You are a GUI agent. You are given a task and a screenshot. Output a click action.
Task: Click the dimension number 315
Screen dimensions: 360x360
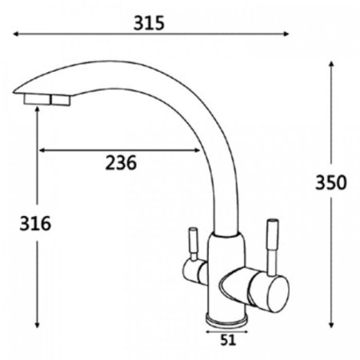click(149, 23)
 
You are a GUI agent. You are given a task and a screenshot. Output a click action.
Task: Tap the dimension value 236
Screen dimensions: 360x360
click(121, 162)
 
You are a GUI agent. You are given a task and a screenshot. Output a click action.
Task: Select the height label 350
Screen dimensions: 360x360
click(331, 182)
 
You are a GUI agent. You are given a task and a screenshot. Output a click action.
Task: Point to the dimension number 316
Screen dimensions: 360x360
click(35, 223)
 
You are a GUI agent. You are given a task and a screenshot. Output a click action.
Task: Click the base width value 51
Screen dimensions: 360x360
click(228, 340)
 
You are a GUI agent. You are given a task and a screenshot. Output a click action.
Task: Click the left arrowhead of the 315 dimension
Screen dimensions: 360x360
click(15, 34)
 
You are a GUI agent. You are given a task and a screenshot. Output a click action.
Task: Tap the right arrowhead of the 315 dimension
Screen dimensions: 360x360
click(286, 34)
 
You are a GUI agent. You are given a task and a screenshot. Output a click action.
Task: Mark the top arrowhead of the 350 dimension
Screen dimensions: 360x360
click(331, 64)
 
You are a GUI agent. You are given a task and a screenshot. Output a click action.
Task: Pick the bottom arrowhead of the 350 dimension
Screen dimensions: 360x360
click(331, 325)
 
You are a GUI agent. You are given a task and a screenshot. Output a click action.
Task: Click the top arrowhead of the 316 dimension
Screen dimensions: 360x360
click(37, 110)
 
